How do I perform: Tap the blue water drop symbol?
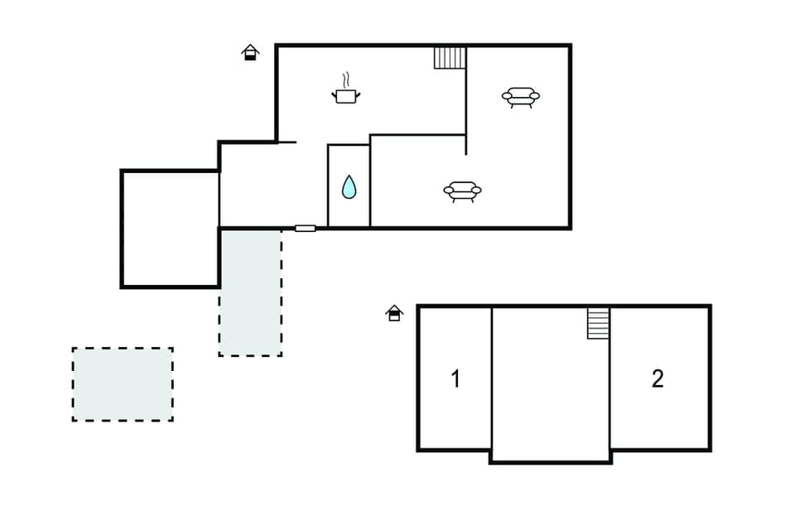click(x=349, y=187)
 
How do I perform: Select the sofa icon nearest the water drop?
click(x=462, y=191)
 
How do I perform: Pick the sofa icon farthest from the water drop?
click(x=521, y=97)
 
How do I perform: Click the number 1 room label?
click(x=455, y=379)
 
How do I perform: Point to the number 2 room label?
click(x=658, y=378)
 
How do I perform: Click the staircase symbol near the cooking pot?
click(x=450, y=58)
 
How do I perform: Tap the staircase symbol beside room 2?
click(x=598, y=323)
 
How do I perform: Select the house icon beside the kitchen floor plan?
click(x=250, y=53)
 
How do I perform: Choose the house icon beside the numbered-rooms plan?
click(x=394, y=312)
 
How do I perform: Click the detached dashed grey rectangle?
click(x=123, y=384)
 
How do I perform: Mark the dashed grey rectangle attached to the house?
click(x=250, y=292)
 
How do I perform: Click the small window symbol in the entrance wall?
click(x=306, y=228)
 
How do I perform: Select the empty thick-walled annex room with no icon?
click(x=170, y=229)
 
